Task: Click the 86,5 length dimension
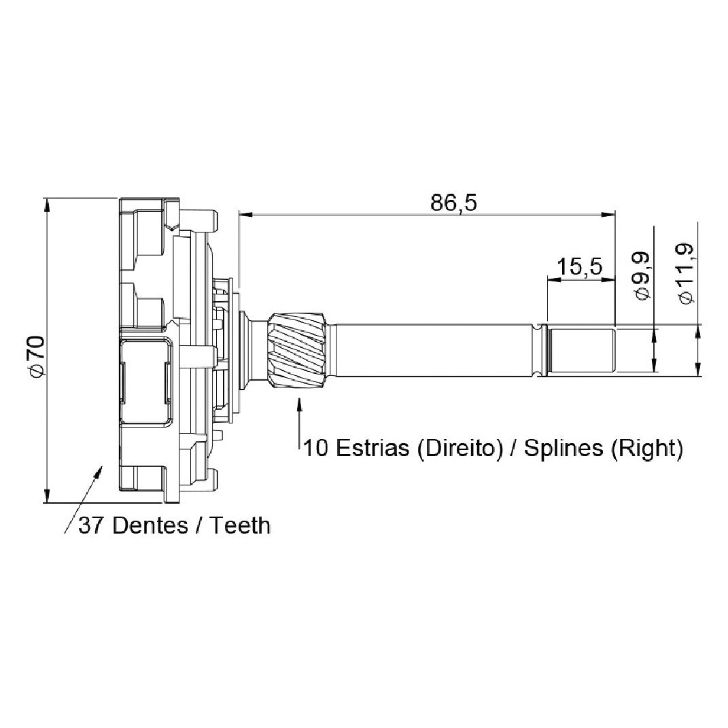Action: (x=453, y=203)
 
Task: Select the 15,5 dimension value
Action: (x=579, y=267)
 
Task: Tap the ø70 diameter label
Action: (x=37, y=356)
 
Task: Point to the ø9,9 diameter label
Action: (x=642, y=276)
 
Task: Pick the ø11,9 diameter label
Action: (x=687, y=274)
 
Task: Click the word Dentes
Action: (x=150, y=525)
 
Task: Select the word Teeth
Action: (x=240, y=525)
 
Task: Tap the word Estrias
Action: (x=372, y=448)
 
